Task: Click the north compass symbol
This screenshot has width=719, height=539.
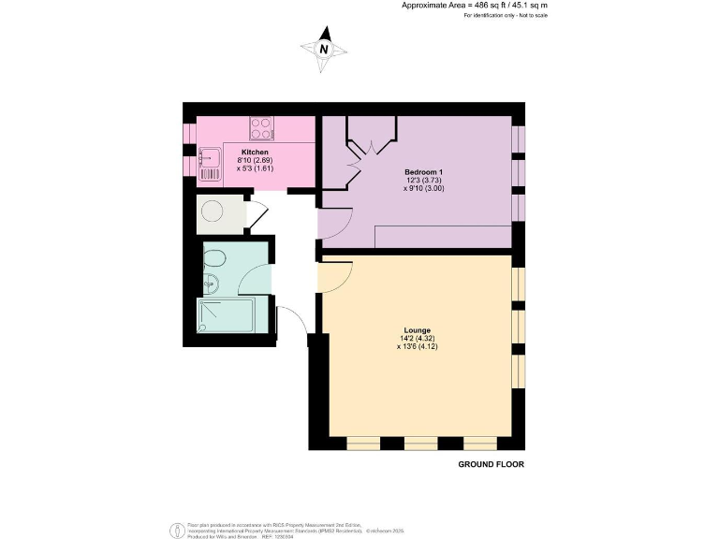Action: tap(324, 50)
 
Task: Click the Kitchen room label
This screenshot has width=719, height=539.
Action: tap(255, 152)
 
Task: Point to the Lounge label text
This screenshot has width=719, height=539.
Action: tap(417, 330)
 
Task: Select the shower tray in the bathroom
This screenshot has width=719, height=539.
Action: tap(226, 315)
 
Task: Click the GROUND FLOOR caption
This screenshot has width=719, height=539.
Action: tap(491, 464)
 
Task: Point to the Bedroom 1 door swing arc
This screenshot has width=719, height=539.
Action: tap(335, 222)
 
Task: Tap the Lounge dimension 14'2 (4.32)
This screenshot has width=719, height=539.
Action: tap(417, 339)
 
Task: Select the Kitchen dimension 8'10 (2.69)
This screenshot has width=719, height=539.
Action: tap(255, 161)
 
